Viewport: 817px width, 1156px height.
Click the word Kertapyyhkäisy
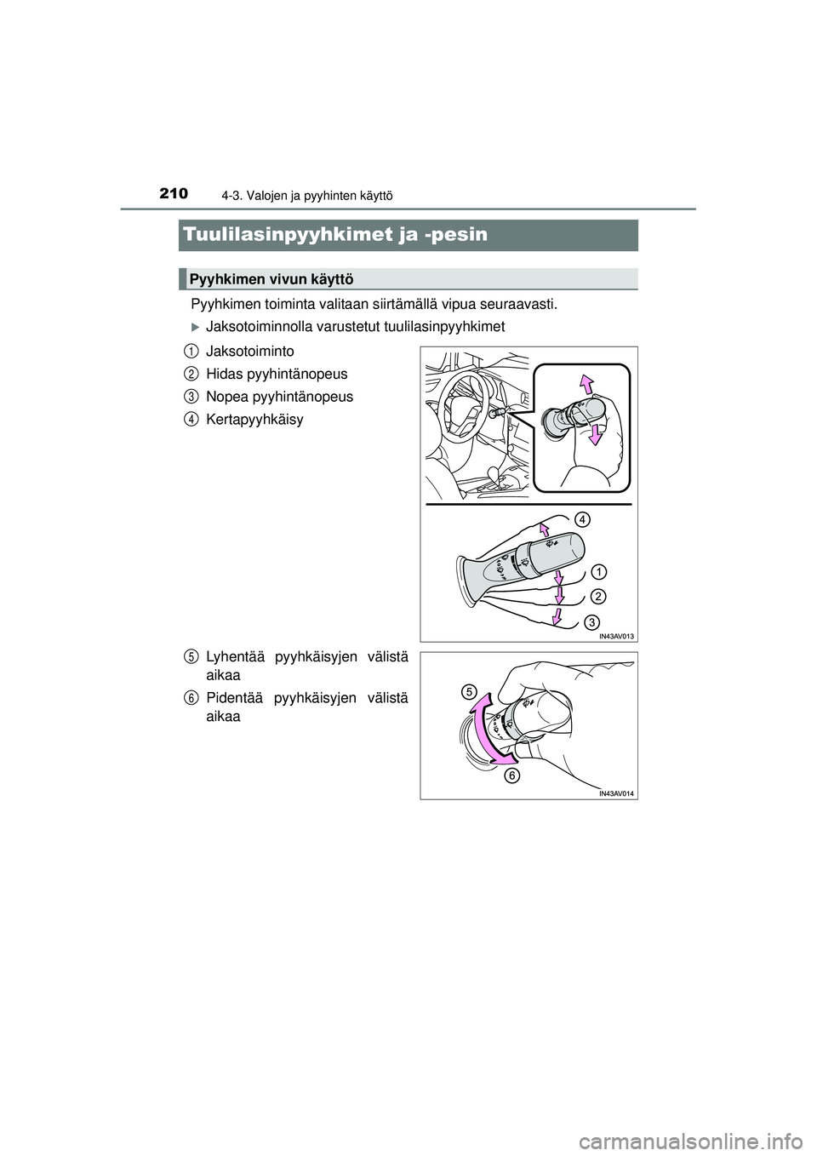(x=254, y=420)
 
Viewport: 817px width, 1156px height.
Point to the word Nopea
(x=225, y=397)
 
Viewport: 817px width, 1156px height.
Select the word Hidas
(x=224, y=374)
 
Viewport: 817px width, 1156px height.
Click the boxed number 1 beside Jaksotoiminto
(x=191, y=350)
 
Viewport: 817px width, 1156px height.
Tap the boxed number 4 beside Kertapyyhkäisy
(x=191, y=419)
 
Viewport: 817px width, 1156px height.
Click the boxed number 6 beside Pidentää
(x=191, y=696)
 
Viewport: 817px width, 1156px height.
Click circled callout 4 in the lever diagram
(x=582, y=518)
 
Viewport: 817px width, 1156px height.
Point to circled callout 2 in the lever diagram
(x=599, y=595)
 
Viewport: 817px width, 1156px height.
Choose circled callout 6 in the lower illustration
(x=511, y=775)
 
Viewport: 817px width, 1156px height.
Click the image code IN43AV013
(x=616, y=635)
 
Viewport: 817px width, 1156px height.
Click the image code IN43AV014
(x=616, y=793)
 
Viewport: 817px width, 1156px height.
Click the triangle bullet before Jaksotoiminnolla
(x=195, y=327)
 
